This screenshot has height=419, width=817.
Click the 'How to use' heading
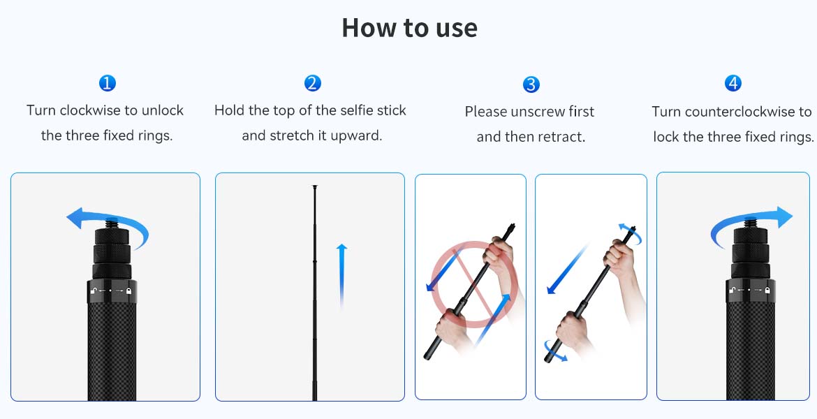click(409, 28)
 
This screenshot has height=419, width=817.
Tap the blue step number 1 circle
click(108, 83)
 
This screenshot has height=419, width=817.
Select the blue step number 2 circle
click(313, 83)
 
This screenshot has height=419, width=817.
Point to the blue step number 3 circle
click(531, 84)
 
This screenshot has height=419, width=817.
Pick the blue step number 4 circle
click(733, 83)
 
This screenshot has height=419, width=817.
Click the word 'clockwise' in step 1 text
click(91, 110)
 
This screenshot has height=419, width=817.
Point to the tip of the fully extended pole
click(315, 186)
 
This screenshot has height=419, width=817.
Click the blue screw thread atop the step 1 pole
click(112, 225)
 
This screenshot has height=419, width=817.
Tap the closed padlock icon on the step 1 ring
click(128, 291)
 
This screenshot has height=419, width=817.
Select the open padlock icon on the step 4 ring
click(733, 290)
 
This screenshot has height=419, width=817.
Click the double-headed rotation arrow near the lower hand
click(555, 350)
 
